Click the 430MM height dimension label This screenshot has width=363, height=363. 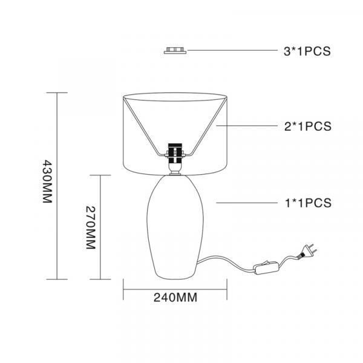(47, 181)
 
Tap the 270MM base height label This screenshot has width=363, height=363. (91, 227)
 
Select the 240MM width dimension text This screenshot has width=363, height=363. (175, 298)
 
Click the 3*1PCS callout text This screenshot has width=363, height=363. (307, 51)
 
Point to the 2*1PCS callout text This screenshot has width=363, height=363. (308, 126)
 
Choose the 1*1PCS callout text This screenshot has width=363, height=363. (308, 203)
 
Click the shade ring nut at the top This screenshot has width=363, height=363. (175, 50)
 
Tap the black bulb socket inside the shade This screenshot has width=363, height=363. (175, 154)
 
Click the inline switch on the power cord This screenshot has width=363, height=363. (266, 267)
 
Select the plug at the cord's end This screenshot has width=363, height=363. (307, 251)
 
